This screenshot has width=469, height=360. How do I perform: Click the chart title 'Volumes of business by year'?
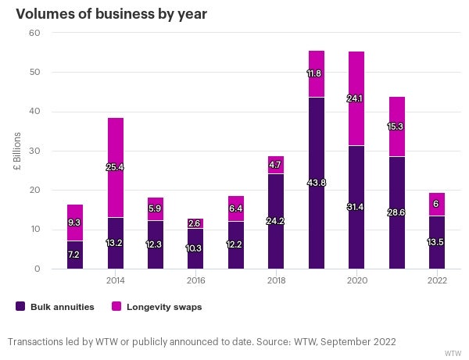pyautogui.click(x=111, y=14)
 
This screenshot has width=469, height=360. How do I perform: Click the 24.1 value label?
pyautogui.click(x=356, y=99)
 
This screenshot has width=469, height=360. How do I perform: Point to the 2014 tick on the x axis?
pyautogui.click(x=115, y=280)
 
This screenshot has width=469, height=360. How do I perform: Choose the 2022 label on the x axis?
pyautogui.click(x=437, y=280)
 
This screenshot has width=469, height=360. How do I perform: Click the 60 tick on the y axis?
pyautogui.click(x=35, y=33)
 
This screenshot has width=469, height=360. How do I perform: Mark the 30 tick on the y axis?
pyautogui.click(x=35, y=151)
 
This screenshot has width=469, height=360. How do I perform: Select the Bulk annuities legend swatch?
pyautogui.click(x=20, y=307)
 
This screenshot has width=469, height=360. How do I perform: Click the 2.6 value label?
pyautogui.click(x=195, y=224)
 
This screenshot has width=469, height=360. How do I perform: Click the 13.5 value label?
pyautogui.click(x=437, y=241)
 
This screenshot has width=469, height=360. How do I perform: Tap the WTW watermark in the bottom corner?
pyautogui.click(x=453, y=353)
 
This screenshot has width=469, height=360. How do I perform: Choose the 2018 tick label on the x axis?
pyautogui.click(x=276, y=280)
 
